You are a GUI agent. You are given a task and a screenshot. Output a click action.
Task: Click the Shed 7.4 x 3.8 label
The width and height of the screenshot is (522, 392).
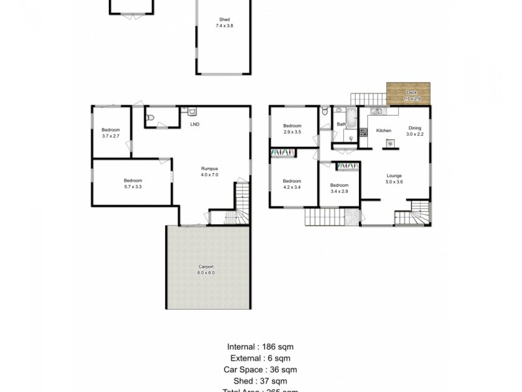pyautogui.click(x=224, y=23)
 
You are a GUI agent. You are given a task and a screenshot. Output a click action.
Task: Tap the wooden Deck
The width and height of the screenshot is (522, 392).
pyautogui.click(x=408, y=93)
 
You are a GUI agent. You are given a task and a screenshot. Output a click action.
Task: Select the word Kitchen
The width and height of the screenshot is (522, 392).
pyautogui.click(x=384, y=131)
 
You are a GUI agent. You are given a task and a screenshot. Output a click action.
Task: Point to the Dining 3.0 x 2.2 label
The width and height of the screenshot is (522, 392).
pyautogui.click(x=415, y=131)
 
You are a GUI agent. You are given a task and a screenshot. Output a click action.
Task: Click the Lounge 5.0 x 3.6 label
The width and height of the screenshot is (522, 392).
pyautogui.click(x=394, y=178)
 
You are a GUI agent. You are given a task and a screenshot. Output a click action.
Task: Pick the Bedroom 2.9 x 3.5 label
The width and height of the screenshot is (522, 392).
pyautogui.click(x=292, y=129)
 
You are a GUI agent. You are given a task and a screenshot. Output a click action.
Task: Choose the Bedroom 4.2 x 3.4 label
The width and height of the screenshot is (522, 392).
pyautogui.click(x=292, y=184)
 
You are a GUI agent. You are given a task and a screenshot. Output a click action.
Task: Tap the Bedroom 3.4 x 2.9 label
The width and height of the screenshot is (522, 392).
pyautogui.click(x=339, y=188)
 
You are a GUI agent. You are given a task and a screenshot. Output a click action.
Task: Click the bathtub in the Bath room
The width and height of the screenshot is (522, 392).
pyautogui.click(x=351, y=118)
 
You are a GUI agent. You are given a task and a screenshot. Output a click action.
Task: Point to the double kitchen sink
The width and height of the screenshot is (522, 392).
pyautogui.click(x=377, y=110)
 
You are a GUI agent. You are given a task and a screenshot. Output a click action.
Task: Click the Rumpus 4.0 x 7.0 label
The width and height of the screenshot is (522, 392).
pyautogui.click(x=209, y=172)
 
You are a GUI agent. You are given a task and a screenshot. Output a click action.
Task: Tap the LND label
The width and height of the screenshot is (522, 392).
pyautogui.click(x=194, y=124)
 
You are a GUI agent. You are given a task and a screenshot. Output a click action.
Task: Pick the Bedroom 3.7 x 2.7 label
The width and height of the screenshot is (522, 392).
pyautogui.click(x=111, y=133)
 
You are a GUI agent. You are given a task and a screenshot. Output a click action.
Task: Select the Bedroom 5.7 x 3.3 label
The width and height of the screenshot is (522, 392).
pyautogui.click(x=133, y=184)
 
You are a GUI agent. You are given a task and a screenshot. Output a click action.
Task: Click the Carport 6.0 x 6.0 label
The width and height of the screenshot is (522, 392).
pyautogui.click(x=206, y=269)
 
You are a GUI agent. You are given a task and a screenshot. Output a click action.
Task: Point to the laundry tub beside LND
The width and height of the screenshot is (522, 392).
pyautogui.click(x=183, y=111)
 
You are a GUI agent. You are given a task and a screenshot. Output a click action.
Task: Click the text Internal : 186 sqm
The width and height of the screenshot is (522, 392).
pyautogui.click(x=260, y=347)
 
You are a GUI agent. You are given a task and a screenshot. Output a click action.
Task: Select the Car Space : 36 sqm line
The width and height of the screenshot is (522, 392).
pyautogui.click(x=260, y=370)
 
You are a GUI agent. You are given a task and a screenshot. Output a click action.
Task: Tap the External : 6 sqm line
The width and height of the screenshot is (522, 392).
pyautogui.click(x=260, y=358)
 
